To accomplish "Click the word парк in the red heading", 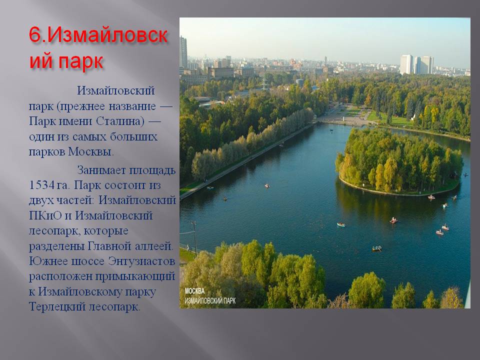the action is [x=80, y=61].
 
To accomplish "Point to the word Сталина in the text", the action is [x=120, y=121].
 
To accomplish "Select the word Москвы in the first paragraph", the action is [x=90, y=151].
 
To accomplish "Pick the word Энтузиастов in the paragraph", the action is [x=141, y=261].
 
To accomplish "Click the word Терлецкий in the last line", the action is [x=57, y=306].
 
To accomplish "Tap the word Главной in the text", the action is [x=109, y=246].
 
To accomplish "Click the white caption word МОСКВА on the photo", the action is [x=194, y=291].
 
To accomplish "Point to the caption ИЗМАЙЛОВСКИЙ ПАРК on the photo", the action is [x=210, y=300].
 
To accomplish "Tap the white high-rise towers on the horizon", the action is [x=416, y=64].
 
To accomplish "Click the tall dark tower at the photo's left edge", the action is [x=183, y=52].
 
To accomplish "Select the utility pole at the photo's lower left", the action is [x=194, y=238].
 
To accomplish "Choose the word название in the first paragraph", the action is [x=132, y=106].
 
